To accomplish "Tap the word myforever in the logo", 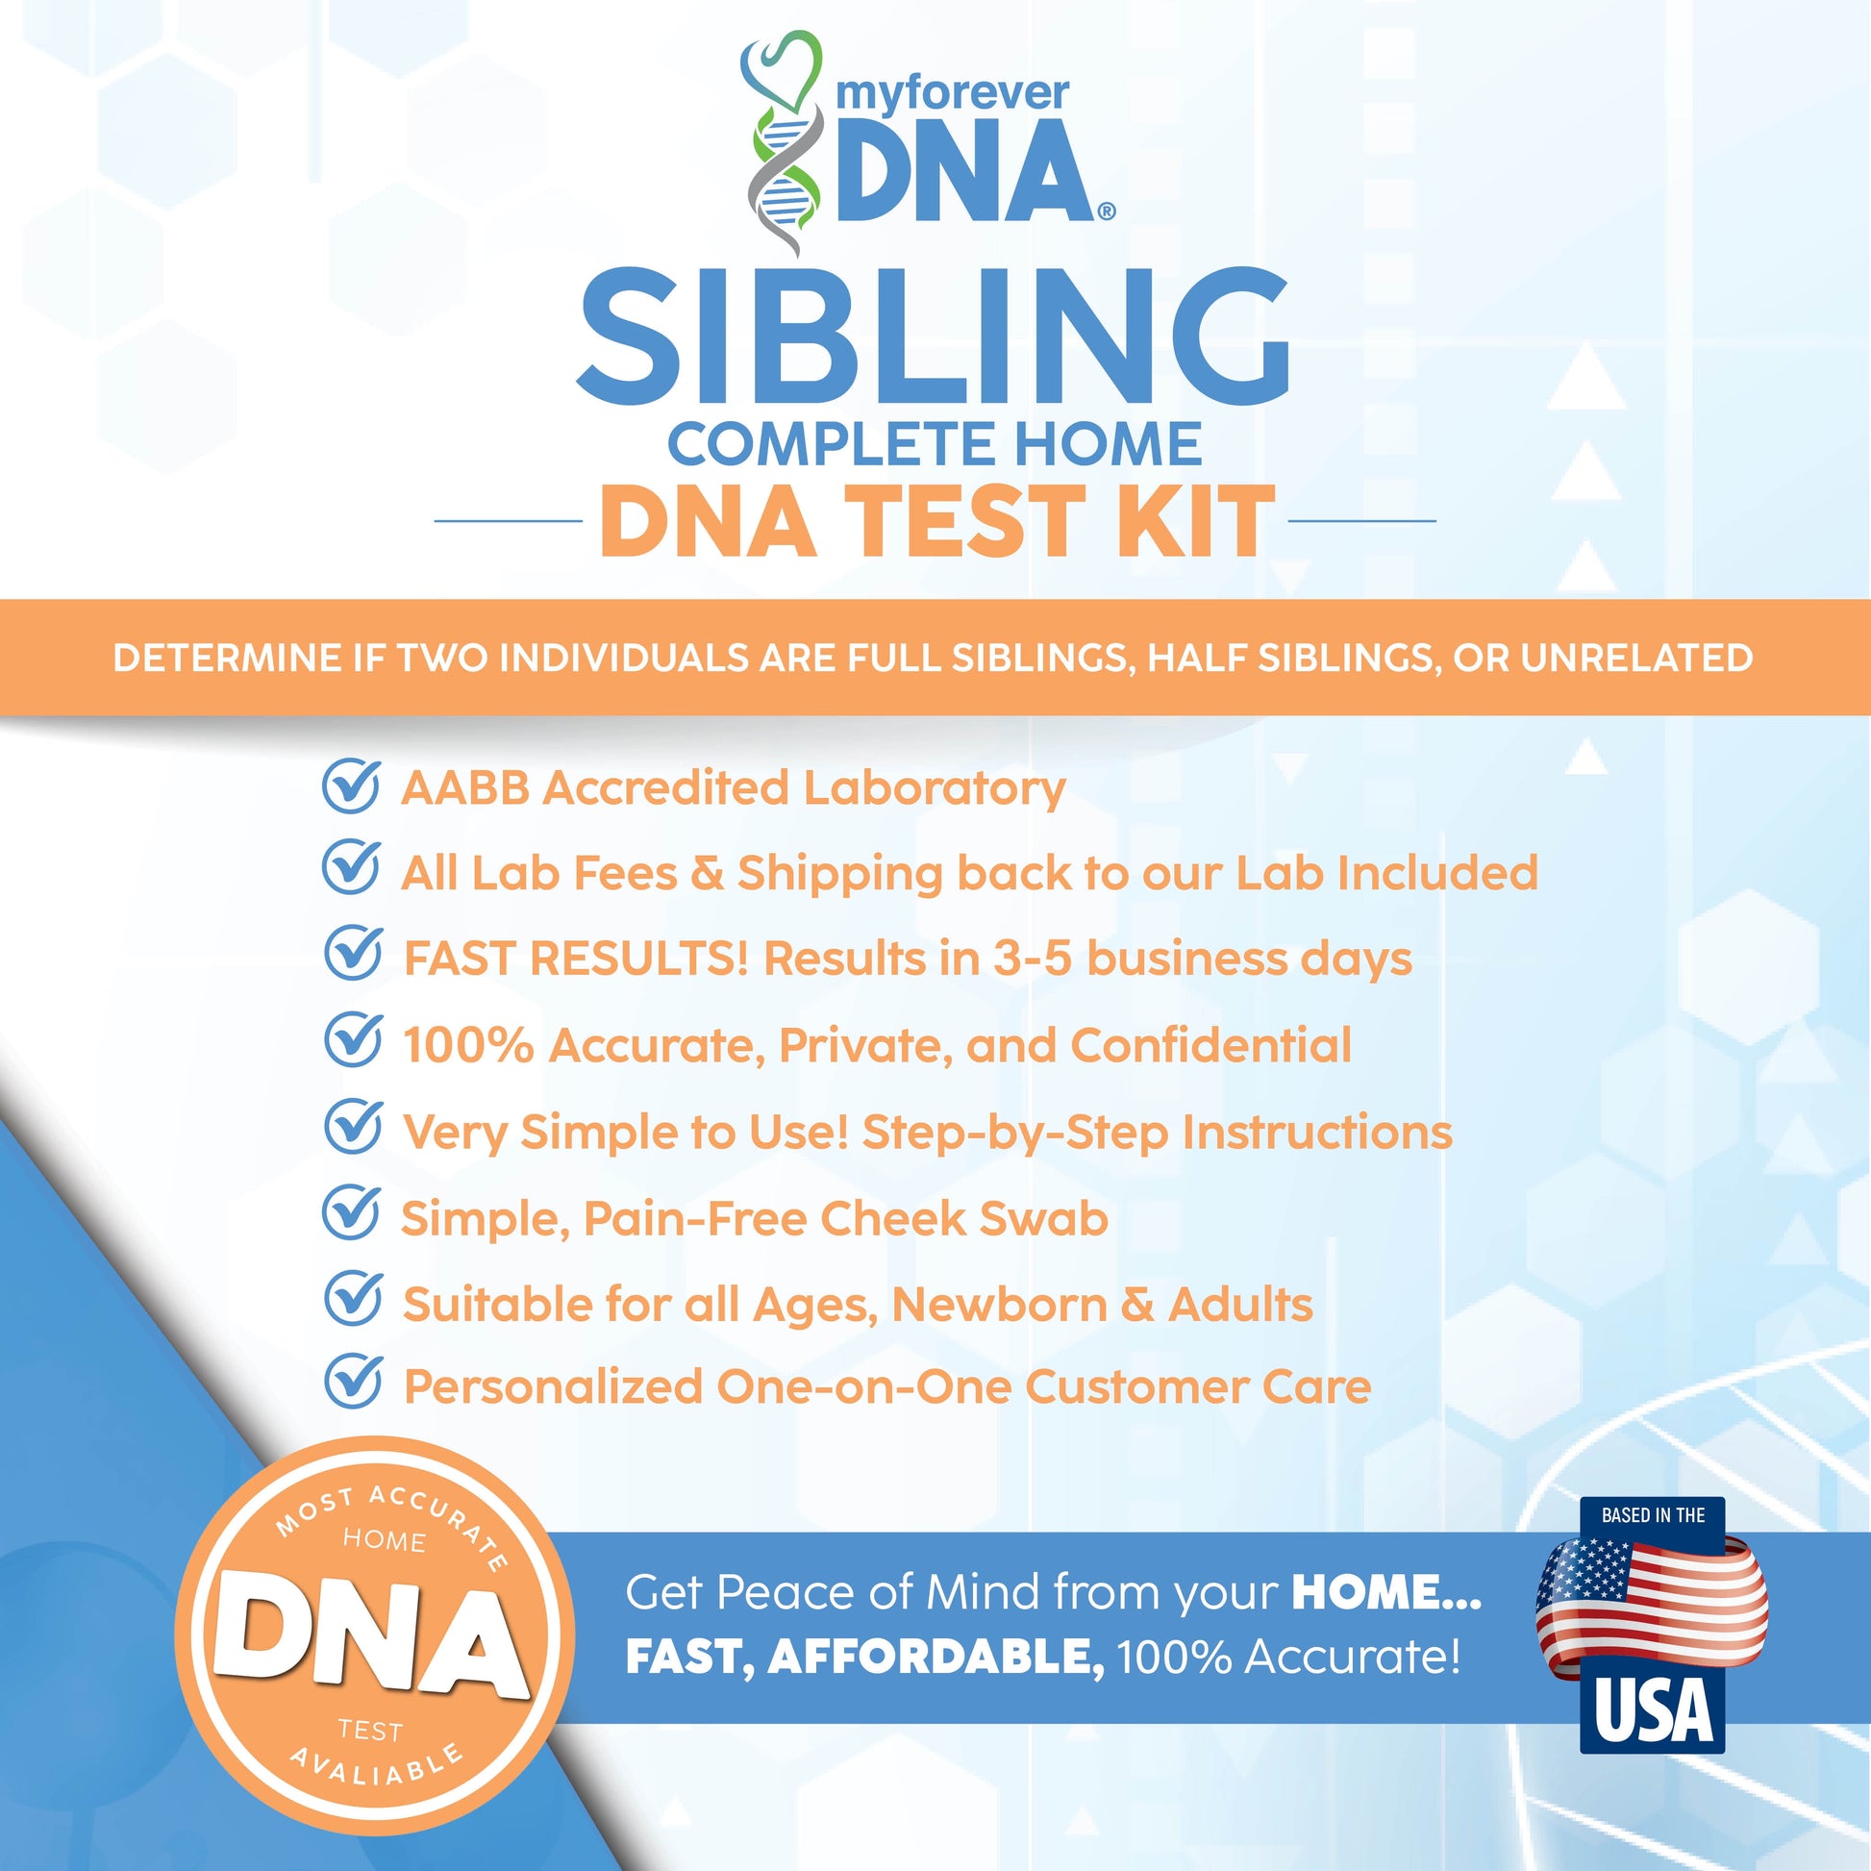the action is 952,94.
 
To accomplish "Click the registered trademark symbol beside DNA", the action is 1106,211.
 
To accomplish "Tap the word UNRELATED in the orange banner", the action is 1636,658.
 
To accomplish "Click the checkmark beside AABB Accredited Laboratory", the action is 351,785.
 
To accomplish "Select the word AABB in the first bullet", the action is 464,788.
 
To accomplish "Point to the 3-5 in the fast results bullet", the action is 1033,959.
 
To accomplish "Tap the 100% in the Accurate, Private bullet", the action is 467,1045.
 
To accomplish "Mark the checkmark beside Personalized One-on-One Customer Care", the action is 353,1381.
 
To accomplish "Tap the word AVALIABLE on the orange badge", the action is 379,1765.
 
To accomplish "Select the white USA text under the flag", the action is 1653,1711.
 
